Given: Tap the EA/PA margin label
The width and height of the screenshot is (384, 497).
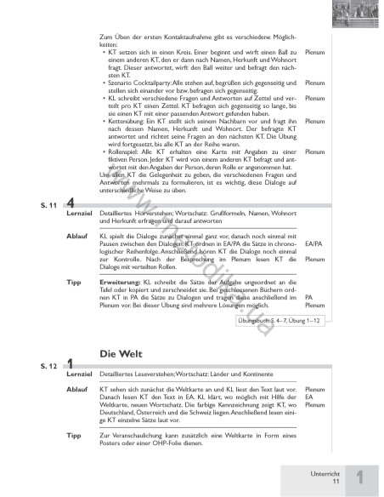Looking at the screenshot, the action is point(313,266).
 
